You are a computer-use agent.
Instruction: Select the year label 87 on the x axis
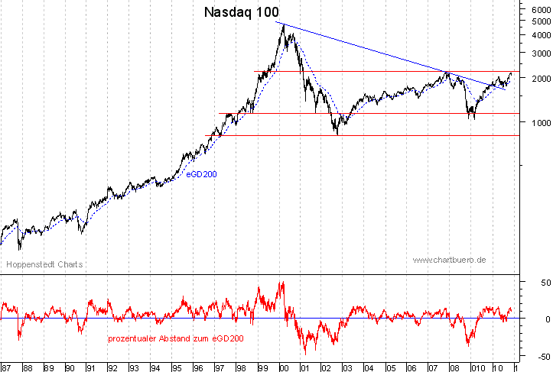(7, 367)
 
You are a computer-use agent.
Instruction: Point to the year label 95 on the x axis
(176, 367)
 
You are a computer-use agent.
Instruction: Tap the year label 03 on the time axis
(346, 367)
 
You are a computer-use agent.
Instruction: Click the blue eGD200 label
(202, 174)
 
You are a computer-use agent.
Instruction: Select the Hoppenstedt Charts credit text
(44, 265)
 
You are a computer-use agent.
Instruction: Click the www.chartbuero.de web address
(450, 260)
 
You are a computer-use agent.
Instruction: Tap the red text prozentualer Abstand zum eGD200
(176, 338)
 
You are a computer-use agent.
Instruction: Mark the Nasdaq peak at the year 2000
(284, 25)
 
